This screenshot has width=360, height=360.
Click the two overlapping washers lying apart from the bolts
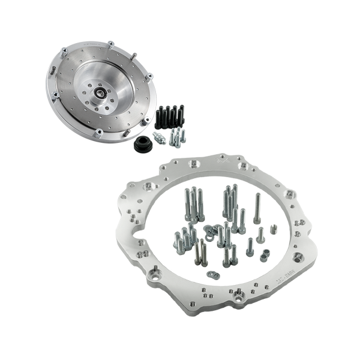213,277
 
